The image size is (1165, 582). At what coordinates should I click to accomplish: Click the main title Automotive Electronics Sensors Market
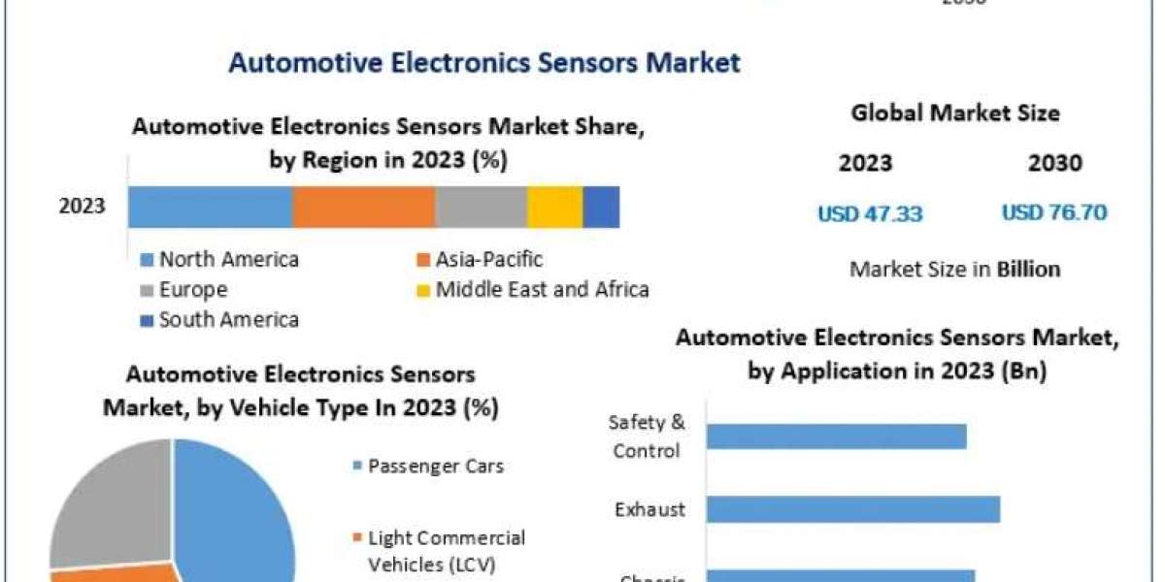483,64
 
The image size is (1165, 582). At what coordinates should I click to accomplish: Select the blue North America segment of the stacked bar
210,208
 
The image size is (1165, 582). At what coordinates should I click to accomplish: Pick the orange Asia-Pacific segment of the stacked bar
363,208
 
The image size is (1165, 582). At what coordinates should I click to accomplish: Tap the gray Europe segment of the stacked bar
481,208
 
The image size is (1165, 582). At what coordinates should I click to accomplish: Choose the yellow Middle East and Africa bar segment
554,208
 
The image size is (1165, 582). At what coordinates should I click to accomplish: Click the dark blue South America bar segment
601,208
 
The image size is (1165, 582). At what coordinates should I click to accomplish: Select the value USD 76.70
1054,213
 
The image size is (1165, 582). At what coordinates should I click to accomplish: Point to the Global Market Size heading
955,113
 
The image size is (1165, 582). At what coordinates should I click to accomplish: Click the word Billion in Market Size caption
1028,269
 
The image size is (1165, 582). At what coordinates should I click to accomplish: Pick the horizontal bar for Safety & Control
836,436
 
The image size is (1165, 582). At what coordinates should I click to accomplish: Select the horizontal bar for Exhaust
852,510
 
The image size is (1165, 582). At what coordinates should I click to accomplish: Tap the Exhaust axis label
649,510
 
